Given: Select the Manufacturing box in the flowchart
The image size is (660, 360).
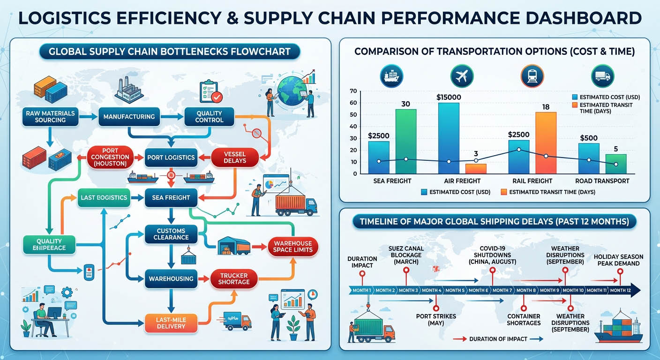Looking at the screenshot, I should point(129,116).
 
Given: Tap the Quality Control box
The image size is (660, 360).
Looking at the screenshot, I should point(210,116).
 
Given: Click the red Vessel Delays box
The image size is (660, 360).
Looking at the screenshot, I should point(235,157).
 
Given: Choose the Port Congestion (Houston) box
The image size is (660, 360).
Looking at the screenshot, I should point(111,157).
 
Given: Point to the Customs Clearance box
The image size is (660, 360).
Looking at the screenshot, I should point(171,234).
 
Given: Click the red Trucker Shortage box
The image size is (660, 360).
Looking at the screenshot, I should point(234,278).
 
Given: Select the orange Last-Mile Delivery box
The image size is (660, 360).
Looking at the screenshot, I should point(171,322).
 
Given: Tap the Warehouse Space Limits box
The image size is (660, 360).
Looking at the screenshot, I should point(293,247).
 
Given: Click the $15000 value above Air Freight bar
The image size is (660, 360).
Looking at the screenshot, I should point(449,97).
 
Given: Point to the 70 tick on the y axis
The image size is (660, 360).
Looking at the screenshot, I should point(353,91).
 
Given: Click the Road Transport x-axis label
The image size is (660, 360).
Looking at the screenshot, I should point(602,180).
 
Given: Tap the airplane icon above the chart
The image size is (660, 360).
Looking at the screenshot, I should point(462,76).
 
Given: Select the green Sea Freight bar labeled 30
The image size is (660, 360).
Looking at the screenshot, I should point(405,141).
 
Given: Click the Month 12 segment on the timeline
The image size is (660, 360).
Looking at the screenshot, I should point(621,290).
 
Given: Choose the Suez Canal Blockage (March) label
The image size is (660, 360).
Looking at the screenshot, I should point(406,255).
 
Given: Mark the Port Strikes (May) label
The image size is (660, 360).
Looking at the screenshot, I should point(436,320).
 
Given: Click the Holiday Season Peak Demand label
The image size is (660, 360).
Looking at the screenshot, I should point(618,260).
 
